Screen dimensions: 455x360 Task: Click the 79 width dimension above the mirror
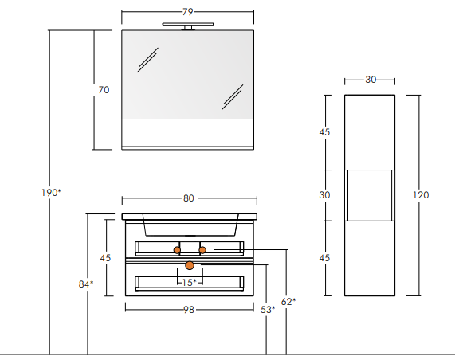click(x=188, y=12)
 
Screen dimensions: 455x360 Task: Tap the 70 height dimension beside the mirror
click(x=104, y=90)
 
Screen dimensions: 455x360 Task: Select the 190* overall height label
click(x=51, y=193)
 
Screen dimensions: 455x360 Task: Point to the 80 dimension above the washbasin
click(x=189, y=198)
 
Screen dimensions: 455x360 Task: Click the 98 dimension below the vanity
click(x=189, y=310)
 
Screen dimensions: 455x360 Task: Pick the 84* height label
click(x=86, y=284)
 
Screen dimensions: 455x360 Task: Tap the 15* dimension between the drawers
click(x=190, y=282)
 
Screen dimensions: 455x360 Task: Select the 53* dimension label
click(x=268, y=310)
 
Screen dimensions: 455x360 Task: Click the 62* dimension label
click(x=288, y=302)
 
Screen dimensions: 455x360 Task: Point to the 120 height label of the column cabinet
click(x=421, y=195)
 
